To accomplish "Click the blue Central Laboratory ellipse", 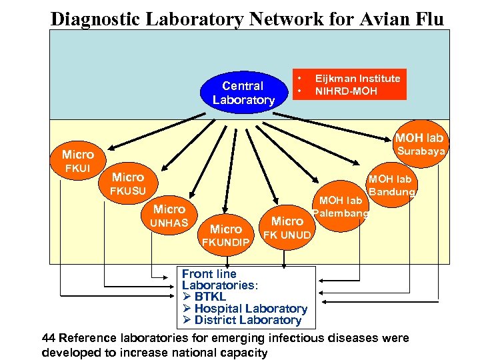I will [x=243, y=93].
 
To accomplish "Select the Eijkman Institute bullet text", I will [x=357, y=79].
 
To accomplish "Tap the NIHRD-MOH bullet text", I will [x=346, y=91].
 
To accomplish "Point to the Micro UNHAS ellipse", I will [x=169, y=215].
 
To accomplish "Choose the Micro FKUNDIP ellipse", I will [x=226, y=235].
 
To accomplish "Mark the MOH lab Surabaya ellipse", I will [x=419, y=144].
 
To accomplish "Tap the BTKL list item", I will [x=210, y=297].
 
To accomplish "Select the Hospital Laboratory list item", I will [x=250, y=309].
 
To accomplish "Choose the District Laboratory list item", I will [x=247, y=320].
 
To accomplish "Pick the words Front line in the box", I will [x=209, y=274].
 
